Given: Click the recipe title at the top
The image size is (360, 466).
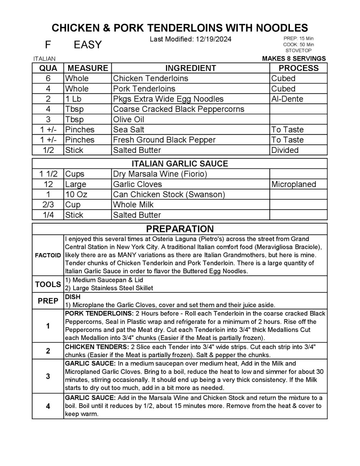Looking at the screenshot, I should click(180, 28).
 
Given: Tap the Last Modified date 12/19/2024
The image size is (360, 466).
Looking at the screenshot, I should click(190, 39).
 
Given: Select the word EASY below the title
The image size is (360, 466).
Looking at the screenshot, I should click(87, 45).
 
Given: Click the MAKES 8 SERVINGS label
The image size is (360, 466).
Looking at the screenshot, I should click(294, 58).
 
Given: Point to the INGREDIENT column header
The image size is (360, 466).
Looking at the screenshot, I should click(190, 68).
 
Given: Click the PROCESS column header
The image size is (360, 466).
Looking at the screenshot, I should click(298, 68).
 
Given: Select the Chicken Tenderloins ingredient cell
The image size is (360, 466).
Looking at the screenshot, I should click(150, 78).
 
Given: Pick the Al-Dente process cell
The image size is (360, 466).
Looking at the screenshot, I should click(287, 99).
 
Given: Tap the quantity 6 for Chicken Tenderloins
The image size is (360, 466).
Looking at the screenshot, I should click(48, 78).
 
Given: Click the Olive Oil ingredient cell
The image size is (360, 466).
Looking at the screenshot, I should click(129, 119).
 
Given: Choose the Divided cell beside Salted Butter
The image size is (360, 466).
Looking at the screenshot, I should click(285, 150).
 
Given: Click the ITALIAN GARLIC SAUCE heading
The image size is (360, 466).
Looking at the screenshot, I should click(180, 163).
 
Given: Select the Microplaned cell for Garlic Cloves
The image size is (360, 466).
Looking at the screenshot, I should click(293, 184).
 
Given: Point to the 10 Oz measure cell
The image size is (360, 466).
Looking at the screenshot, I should click(76, 195).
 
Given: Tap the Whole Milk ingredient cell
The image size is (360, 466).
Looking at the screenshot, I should click(133, 205).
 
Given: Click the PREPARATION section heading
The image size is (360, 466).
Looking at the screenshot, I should click(180, 229).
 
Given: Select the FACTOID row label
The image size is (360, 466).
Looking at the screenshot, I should click(48, 255).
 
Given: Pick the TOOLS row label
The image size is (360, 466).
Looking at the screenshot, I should click(48, 284).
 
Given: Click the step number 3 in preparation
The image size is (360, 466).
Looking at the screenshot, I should click(48, 376).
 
